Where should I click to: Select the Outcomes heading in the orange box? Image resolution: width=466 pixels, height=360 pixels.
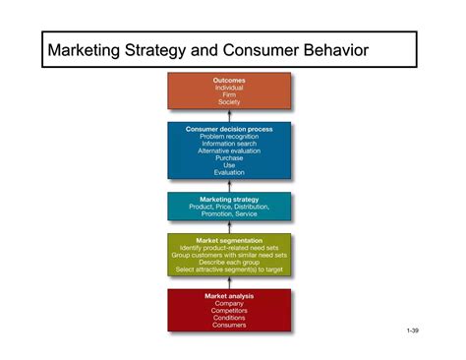tap(229, 80)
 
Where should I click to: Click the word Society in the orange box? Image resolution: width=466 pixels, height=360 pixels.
tap(229, 101)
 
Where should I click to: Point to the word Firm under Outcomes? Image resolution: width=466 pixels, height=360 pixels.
tap(229, 94)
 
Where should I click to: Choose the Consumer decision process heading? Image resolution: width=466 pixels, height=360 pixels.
tap(229, 128)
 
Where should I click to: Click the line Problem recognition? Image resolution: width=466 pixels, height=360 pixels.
tap(229, 136)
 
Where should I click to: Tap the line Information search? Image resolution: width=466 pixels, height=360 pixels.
tap(229, 144)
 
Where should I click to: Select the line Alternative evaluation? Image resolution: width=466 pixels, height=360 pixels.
tap(229, 150)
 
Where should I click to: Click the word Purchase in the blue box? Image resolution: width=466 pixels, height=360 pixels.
tap(229, 158)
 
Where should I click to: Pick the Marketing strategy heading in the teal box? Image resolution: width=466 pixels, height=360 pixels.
tap(229, 199)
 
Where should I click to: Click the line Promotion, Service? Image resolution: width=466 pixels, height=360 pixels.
tap(229, 214)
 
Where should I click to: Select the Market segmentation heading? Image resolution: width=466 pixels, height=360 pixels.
tap(229, 239)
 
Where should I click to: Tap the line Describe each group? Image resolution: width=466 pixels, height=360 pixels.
tap(229, 262)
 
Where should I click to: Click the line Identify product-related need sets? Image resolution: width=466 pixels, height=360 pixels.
tap(229, 247)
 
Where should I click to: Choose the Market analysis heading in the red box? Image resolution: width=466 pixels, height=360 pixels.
tap(229, 295)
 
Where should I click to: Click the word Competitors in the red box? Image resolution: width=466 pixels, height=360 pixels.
tap(229, 310)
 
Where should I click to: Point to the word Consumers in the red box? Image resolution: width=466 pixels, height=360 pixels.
tap(229, 325)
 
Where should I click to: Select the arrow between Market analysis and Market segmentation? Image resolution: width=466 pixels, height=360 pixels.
tap(229, 284)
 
